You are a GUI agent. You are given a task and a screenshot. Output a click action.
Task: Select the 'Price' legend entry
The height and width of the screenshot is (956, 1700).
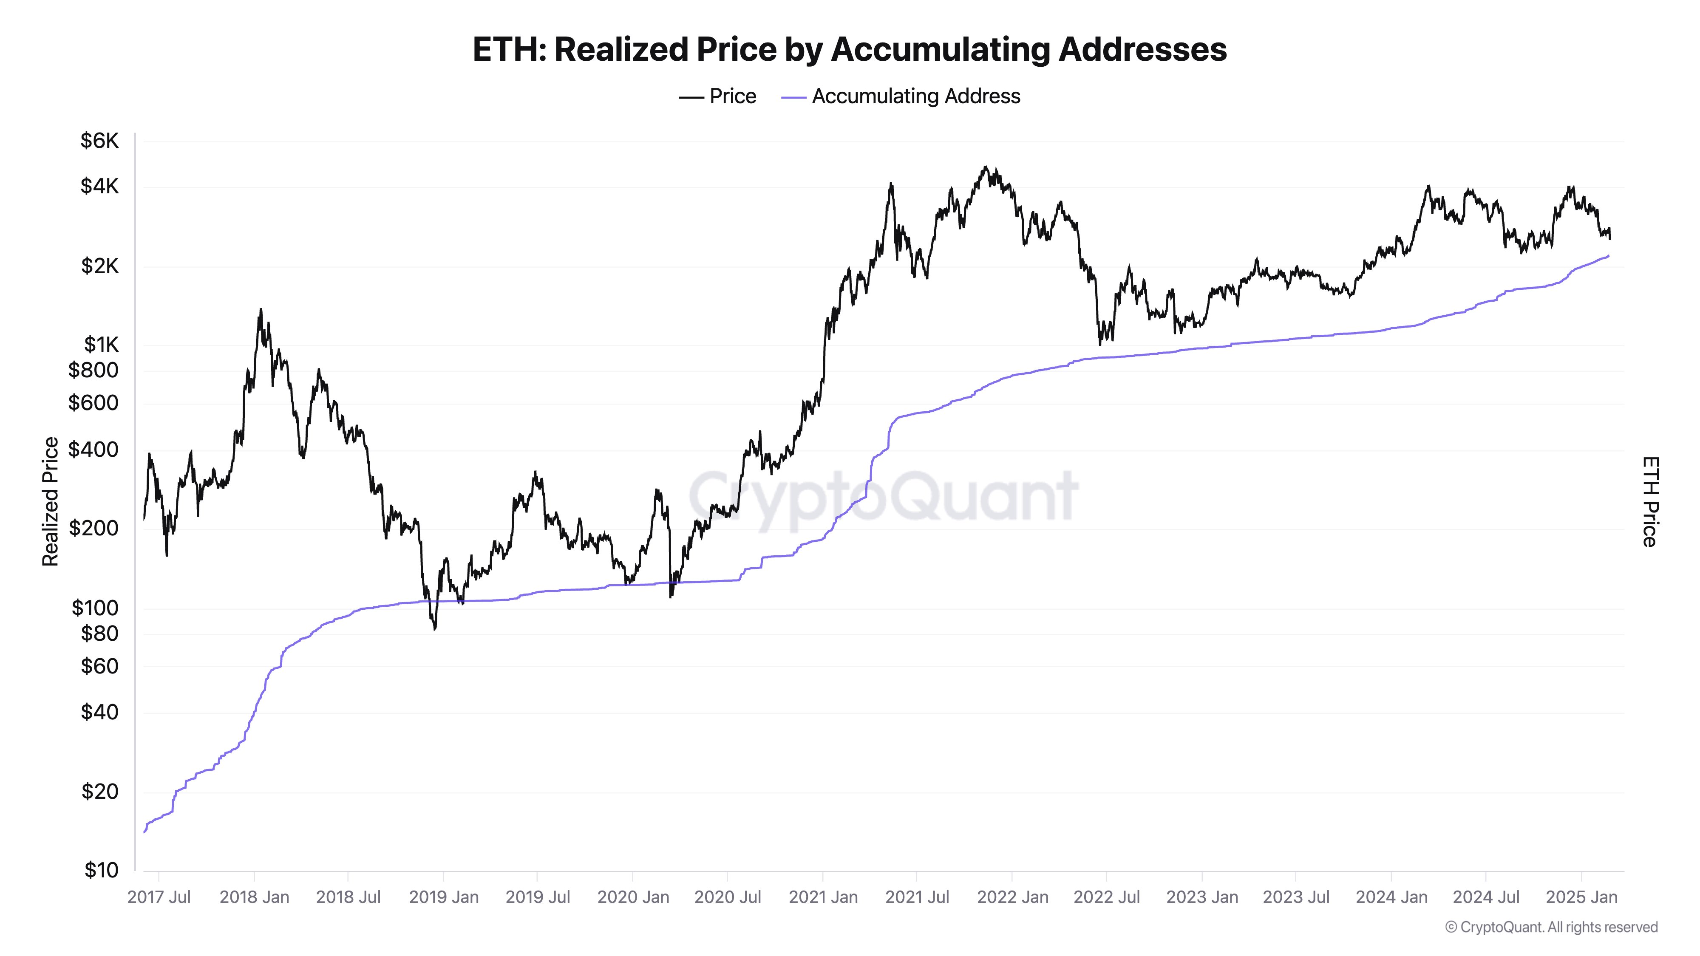pos(718,96)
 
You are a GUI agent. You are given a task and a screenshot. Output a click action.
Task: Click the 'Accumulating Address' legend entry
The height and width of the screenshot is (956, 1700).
pos(901,96)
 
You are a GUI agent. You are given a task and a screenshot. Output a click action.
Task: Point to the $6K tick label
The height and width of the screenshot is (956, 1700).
pos(99,141)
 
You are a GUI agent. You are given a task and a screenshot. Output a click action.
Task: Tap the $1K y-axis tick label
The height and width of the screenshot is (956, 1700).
pos(101,345)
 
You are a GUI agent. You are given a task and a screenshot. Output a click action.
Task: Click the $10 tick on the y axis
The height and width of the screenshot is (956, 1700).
pos(101,870)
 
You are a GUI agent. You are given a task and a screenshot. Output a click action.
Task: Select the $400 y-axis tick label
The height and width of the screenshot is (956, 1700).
pos(93,450)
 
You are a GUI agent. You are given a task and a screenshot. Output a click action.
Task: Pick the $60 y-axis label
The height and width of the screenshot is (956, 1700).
pos(99,666)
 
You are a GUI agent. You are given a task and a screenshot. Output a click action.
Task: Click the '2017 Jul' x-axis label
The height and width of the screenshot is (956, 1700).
pos(159,897)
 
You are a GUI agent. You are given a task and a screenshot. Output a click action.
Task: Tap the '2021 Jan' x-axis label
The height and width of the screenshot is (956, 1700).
pos(823,897)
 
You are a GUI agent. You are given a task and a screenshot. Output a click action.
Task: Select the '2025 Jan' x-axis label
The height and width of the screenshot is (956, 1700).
pos(1581,897)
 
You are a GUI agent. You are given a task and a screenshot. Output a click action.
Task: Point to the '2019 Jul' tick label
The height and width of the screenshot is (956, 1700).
pos(537,897)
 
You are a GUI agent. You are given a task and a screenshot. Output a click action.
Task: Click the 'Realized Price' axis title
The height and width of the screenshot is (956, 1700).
pos(50,501)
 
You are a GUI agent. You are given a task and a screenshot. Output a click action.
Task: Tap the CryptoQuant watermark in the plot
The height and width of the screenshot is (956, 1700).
pos(883,496)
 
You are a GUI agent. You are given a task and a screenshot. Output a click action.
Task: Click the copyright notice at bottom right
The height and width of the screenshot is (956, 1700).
pos(1551,927)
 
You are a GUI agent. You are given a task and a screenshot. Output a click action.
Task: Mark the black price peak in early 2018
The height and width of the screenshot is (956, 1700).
pos(261,309)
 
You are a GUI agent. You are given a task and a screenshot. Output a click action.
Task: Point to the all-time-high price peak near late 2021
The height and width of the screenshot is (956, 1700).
pos(985,167)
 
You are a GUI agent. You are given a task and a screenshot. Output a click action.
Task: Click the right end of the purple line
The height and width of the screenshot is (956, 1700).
pos(1608,256)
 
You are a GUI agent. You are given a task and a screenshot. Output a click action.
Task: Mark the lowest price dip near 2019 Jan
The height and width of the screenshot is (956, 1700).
pos(434,629)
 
